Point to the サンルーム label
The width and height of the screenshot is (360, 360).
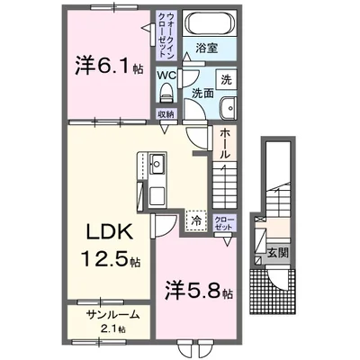coord(113,316)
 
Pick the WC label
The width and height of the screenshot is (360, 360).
coord(166,76)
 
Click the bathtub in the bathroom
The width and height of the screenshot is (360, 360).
coord(208,23)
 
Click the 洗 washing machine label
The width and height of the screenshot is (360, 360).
coord(227,79)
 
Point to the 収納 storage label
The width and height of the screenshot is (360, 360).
coord(166,113)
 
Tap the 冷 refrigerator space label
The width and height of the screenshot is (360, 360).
coord(195,218)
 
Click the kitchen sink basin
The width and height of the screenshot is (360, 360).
coord(155,164)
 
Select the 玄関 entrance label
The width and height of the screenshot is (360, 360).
coord(278,253)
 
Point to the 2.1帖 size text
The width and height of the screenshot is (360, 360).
coord(113,330)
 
